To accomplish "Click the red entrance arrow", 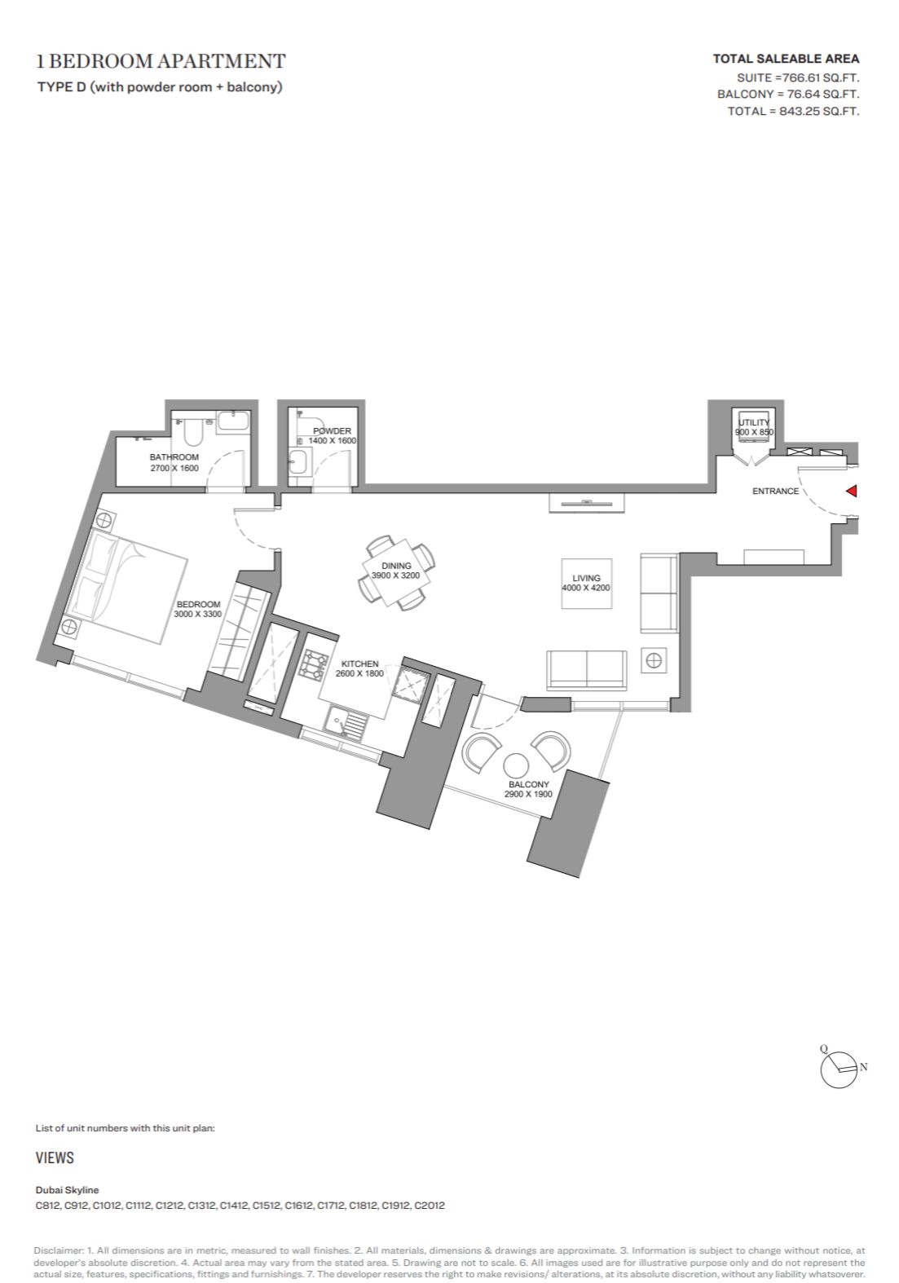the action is coord(852,491).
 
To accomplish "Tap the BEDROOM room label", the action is coord(198,604).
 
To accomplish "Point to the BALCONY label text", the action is coord(528,784).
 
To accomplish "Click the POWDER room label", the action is coord(332,430).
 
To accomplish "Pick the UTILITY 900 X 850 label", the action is coord(754,427).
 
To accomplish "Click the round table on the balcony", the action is coord(517,766).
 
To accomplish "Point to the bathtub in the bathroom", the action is coord(233,423).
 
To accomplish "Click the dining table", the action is coord(395,571).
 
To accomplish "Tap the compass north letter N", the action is coord(863,1066).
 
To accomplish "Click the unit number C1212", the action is coord(170,1205).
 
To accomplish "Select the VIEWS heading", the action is coord(55,1157).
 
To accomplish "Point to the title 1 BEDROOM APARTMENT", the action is coord(161,61).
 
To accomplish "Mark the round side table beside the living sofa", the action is coord(654,660).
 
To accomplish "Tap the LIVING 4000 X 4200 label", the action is coord(586,583).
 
